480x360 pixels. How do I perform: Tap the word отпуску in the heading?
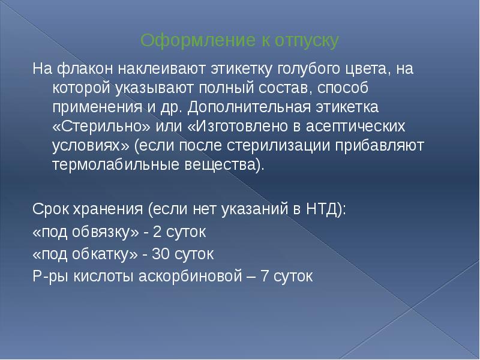pyautogui.click(x=307, y=41)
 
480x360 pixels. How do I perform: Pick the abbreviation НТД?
pyautogui.click(x=322, y=209)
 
